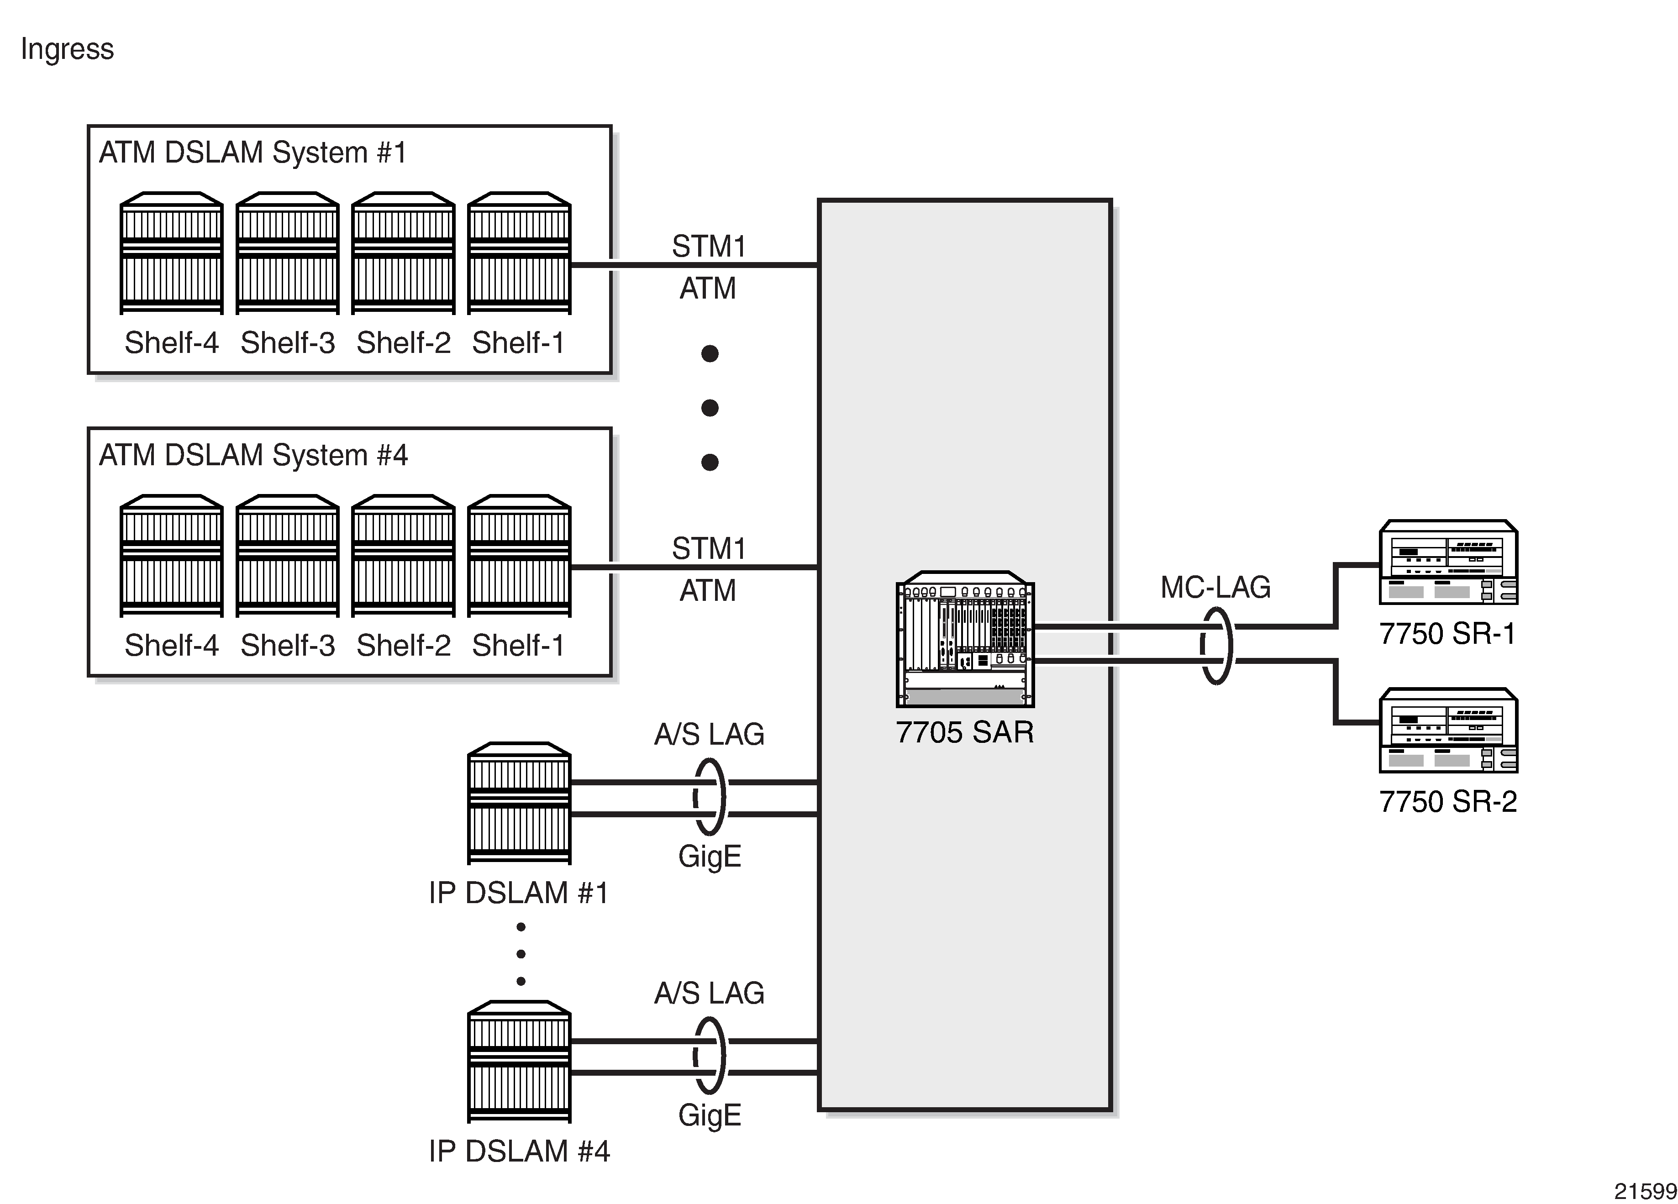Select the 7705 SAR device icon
click(x=965, y=639)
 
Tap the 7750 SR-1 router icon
click(x=1448, y=563)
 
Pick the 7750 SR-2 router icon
click(x=1448, y=731)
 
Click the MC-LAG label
click(x=1215, y=588)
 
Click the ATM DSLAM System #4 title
click(x=253, y=456)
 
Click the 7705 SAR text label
click(x=965, y=733)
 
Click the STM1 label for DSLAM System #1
click(x=709, y=247)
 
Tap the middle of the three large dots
click(x=710, y=408)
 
